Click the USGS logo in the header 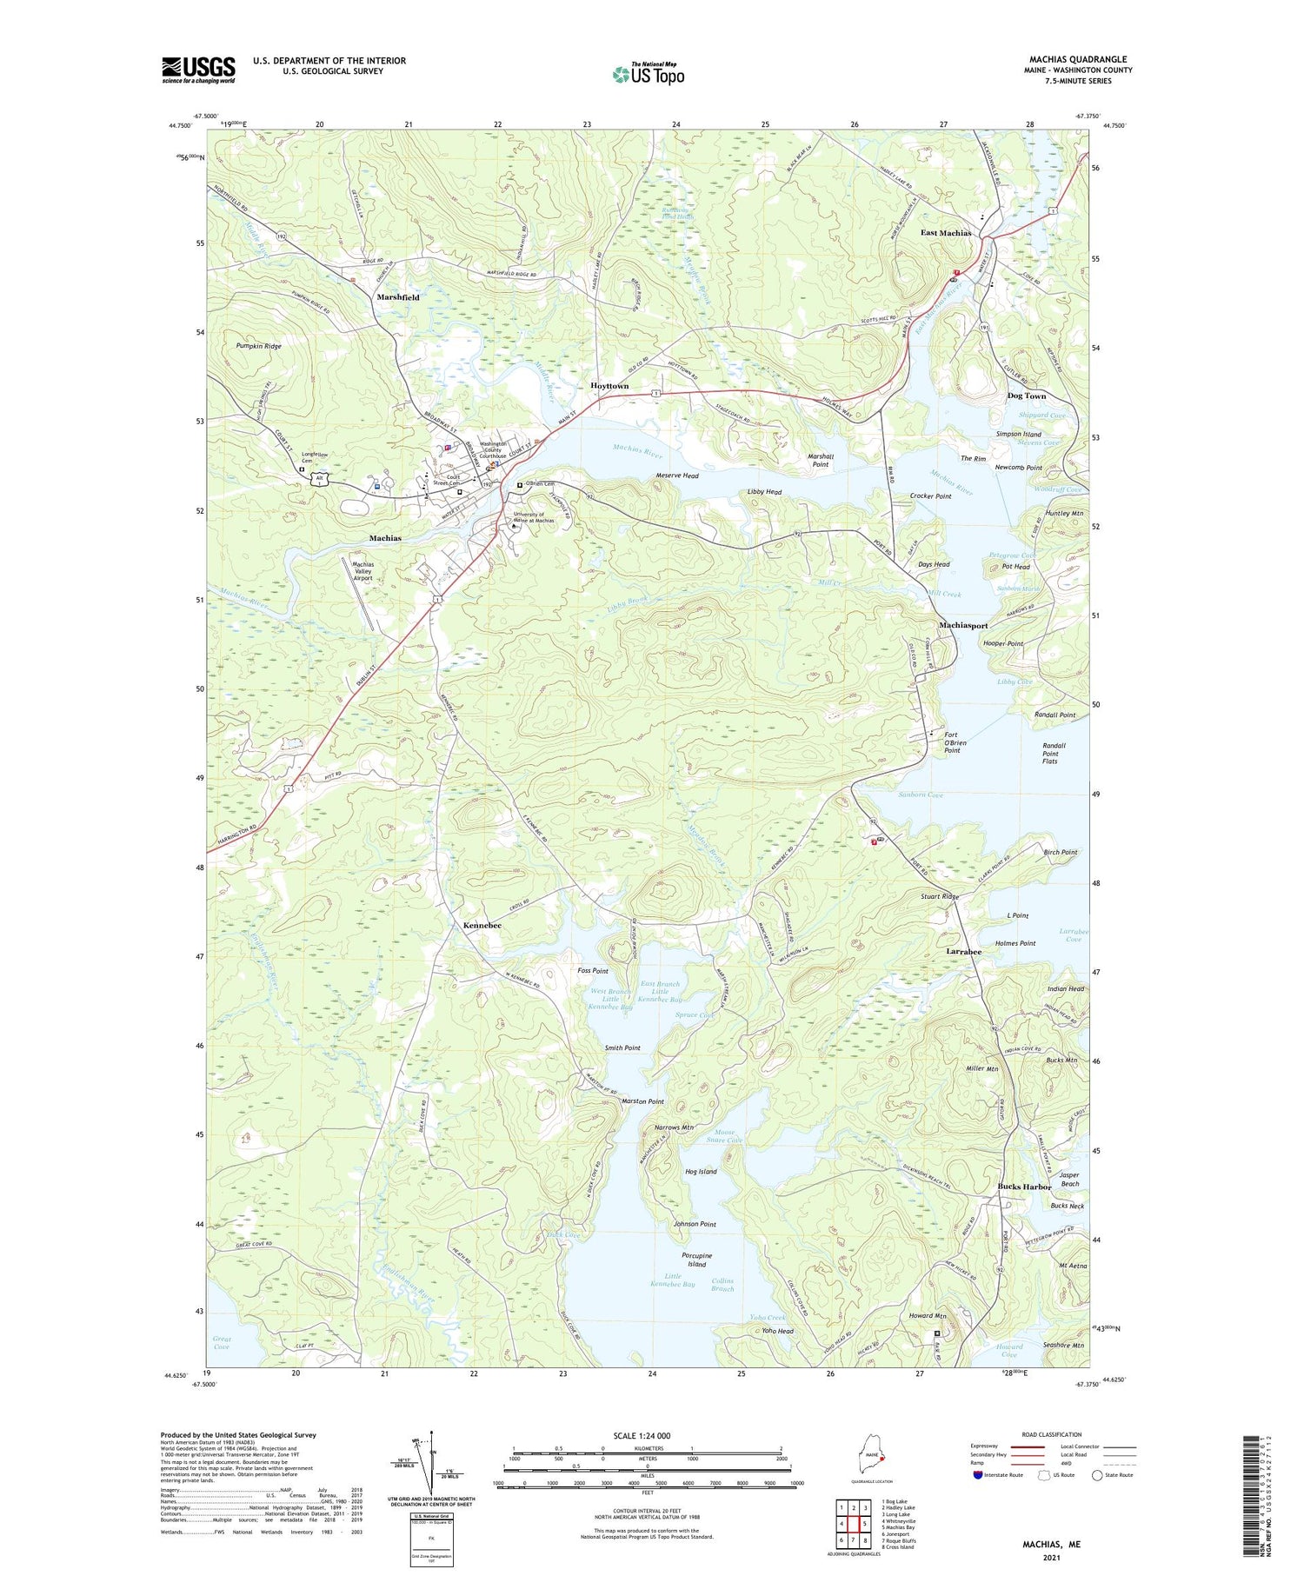tap(198, 70)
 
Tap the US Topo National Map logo tap(648, 75)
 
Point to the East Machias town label tap(946, 233)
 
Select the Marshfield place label tap(398, 297)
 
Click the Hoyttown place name tap(609, 385)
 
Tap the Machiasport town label tap(963, 626)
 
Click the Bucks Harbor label tap(1024, 1187)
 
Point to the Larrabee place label tap(963, 952)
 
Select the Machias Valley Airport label tap(363, 571)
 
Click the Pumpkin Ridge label tap(257, 346)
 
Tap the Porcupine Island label tap(696, 1260)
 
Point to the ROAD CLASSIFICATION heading tap(1051, 1434)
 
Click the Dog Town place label tap(1026, 396)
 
